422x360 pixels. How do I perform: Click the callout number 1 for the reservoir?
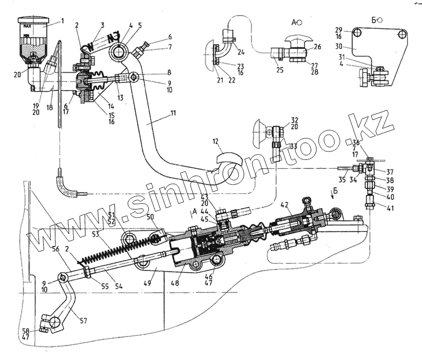coord(62,22)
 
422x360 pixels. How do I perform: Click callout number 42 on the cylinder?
coord(284,203)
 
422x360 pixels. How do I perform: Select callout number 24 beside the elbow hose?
coord(241,52)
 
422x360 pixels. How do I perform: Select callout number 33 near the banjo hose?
coord(294,146)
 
